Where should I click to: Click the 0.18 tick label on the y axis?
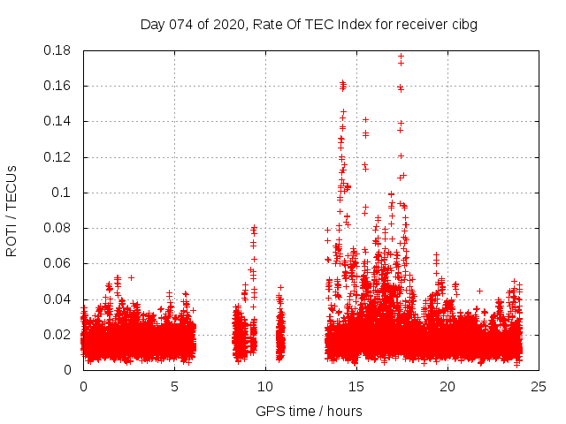(58, 50)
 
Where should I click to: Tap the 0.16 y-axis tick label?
(58, 86)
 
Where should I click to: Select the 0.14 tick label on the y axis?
(58, 121)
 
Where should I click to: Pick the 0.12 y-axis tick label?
(58, 157)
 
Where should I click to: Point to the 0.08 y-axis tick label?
(58, 228)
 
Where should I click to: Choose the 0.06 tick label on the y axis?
(58, 263)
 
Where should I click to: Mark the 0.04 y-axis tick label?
(58, 299)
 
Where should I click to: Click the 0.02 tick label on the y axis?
(58, 335)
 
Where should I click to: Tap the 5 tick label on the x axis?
(174, 386)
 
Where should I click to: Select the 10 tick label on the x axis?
(265, 386)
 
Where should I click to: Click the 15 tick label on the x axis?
(356, 386)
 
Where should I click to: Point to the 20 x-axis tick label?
(447, 386)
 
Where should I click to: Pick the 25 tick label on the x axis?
(539, 386)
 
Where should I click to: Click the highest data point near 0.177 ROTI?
(401, 57)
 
